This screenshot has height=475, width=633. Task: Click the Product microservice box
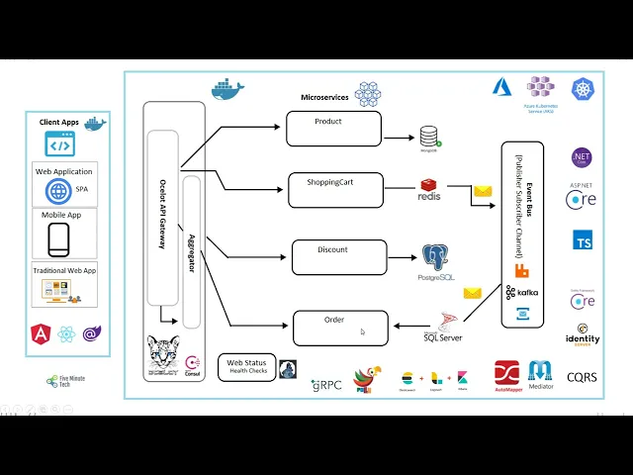[333, 129]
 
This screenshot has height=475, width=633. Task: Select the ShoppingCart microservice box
[335, 189]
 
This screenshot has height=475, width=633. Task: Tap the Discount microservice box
[338, 256]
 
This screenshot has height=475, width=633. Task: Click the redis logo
[428, 190]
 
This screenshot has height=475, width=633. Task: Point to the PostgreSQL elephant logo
[435, 257]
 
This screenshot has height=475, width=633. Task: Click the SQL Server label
[443, 337]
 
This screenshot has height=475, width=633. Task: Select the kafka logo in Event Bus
[522, 293]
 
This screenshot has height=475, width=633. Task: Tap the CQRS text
[582, 377]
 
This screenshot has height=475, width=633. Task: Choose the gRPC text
[326, 384]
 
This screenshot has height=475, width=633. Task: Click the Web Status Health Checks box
[247, 367]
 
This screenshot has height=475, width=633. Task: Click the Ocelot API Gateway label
[162, 213]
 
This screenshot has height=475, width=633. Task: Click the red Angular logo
[41, 333]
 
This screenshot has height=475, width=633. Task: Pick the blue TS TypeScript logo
[583, 239]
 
